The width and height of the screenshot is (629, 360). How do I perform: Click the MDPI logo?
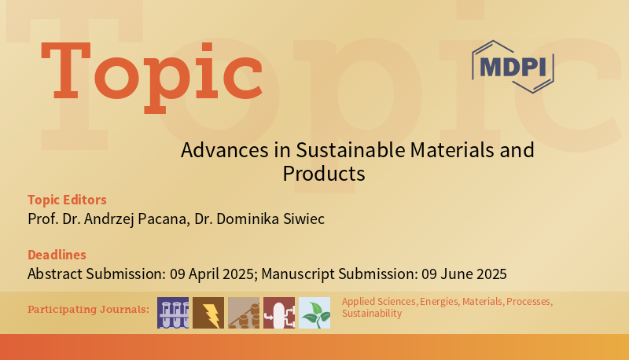point(513,67)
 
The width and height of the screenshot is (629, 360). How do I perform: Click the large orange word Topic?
point(152,76)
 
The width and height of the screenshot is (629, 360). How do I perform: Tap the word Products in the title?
point(324,174)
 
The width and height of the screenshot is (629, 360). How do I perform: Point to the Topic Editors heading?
point(67,200)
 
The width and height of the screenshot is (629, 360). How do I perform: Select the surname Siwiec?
point(303,219)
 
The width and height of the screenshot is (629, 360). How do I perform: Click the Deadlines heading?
point(57,255)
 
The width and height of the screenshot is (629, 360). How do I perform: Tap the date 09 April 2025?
point(212,274)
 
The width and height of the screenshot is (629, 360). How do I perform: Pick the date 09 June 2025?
point(464,274)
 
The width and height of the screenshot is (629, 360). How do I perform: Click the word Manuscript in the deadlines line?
point(298,274)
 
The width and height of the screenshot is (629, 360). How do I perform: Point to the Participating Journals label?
point(88,310)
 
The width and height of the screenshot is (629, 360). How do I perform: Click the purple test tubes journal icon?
point(173,313)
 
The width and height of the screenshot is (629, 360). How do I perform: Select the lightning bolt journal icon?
point(208,313)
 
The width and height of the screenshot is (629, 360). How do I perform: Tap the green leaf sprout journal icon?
point(314,313)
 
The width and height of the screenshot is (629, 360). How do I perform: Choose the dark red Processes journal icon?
point(279,313)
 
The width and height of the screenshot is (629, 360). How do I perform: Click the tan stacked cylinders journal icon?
point(244,313)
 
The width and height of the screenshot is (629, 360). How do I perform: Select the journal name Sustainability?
point(372,314)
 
